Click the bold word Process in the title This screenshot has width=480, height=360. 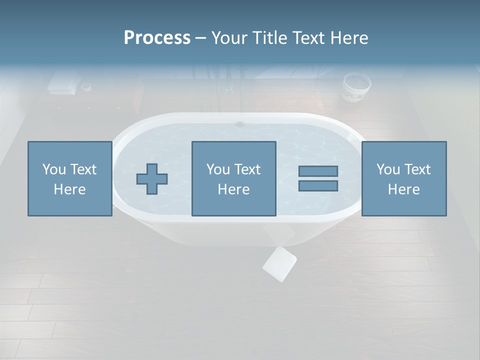pyautogui.click(x=157, y=38)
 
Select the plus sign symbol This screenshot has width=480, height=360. pyautogui.click(x=152, y=179)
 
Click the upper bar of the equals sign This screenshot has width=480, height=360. pyautogui.click(x=318, y=171)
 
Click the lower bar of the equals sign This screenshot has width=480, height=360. pyautogui.click(x=318, y=185)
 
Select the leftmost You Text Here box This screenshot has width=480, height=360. pyautogui.click(x=70, y=179)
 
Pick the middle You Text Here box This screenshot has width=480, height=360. pyautogui.click(x=234, y=179)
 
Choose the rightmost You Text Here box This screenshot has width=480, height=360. pyautogui.click(x=404, y=179)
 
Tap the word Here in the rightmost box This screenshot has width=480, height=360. pyautogui.click(x=404, y=189)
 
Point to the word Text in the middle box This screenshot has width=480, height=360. pyautogui.click(x=247, y=169)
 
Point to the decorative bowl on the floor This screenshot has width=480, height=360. pyautogui.click(x=356, y=87)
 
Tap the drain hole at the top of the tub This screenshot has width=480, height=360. pyautogui.click(x=240, y=123)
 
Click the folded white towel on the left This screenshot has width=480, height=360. pyautogui.click(x=63, y=83)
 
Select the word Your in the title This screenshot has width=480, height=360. pyautogui.click(x=230, y=38)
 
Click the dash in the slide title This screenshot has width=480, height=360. pyautogui.click(x=200, y=38)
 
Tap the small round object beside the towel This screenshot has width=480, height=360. pyautogui.click(x=86, y=87)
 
